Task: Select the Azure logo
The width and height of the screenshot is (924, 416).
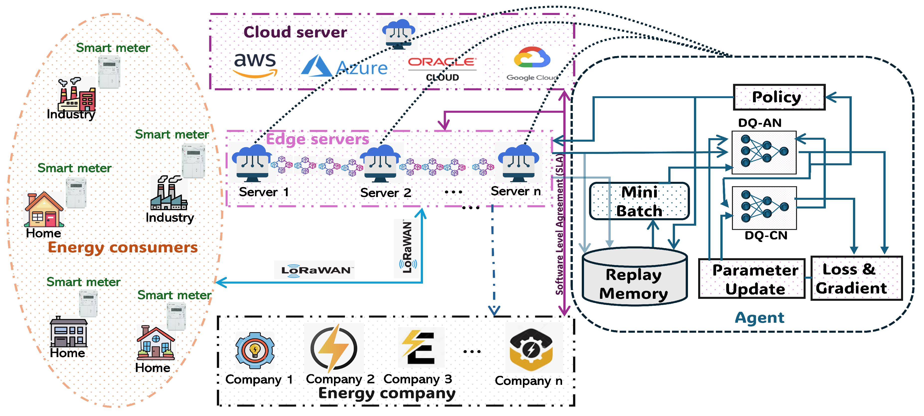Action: tap(344, 66)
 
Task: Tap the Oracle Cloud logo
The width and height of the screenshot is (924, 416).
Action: tap(442, 69)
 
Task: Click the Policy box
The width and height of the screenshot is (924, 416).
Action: tap(779, 97)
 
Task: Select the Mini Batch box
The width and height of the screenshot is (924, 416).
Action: tap(639, 201)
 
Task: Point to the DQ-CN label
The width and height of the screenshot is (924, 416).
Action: tap(765, 235)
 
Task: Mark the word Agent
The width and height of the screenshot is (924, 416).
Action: tap(759, 318)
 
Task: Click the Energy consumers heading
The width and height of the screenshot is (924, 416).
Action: tap(123, 248)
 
